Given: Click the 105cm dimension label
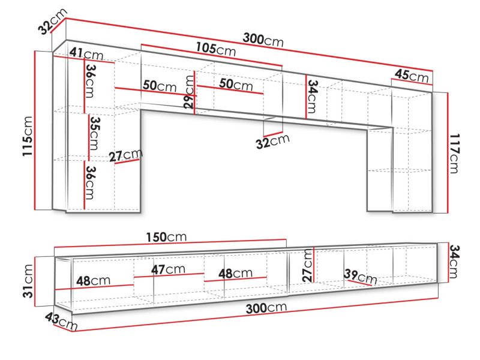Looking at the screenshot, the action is pyautogui.click(x=216, y=49).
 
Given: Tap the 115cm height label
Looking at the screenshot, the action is pyautogui.click(x=28, y=136).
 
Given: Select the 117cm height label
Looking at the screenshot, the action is pyautogui.click(x=454, y=154).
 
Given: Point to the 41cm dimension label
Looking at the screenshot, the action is pyautogui.click(x=86, y=53).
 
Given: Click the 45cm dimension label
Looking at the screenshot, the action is pyautogui.click(x=412, y=76).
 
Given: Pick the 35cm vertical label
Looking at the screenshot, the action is pyautogui.click(x=95, y=133).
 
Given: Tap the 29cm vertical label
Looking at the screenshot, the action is pyautogui.click(x=190, y=92).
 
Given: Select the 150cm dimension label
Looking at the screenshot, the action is pyautogui.click(x=166, y=237).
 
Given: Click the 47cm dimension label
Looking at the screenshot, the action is pyautogui.click(x=168, y=269).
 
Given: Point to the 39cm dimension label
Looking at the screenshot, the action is pyautogui.click(x=361, y=276).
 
